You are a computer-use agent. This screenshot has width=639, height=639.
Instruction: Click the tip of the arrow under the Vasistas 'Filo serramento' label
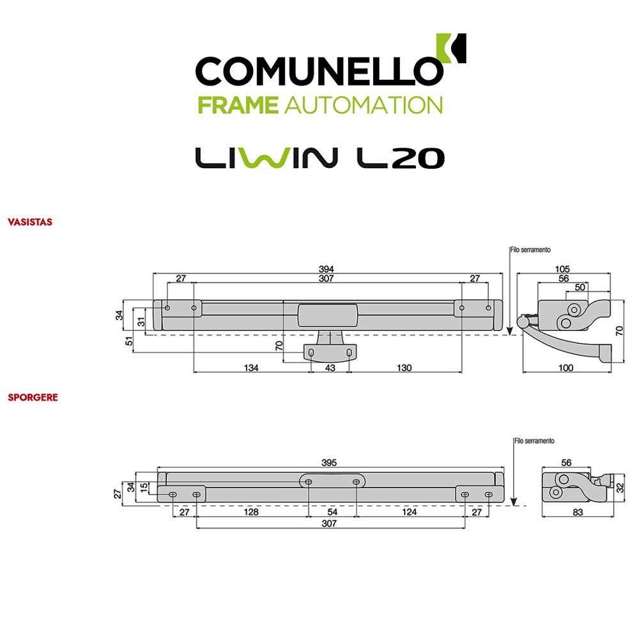509,335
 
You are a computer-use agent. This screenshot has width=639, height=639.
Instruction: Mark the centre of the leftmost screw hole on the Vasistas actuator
167,308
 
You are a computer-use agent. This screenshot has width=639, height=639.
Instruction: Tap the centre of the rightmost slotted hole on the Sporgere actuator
489,495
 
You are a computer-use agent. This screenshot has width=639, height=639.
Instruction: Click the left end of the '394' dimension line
153,273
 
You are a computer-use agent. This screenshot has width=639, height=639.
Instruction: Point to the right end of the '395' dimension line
504,467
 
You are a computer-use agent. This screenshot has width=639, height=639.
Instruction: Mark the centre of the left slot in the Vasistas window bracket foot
311,353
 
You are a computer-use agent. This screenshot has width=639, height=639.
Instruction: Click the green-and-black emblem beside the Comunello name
451,49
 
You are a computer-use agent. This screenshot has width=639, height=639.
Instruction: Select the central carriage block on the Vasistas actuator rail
328,315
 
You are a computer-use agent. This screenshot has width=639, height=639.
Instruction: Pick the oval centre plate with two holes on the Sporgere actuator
332,481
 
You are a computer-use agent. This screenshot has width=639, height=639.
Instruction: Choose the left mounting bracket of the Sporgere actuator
181,494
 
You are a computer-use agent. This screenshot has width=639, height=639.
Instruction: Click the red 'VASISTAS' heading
30,222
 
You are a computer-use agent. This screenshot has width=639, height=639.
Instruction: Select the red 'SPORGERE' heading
33,397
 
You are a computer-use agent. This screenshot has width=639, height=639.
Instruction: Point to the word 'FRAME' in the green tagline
238,105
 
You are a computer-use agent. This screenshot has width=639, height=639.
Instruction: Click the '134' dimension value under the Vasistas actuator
251,367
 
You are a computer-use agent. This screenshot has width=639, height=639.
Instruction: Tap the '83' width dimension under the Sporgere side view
578,512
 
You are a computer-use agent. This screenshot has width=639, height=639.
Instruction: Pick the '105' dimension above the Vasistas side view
562,269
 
